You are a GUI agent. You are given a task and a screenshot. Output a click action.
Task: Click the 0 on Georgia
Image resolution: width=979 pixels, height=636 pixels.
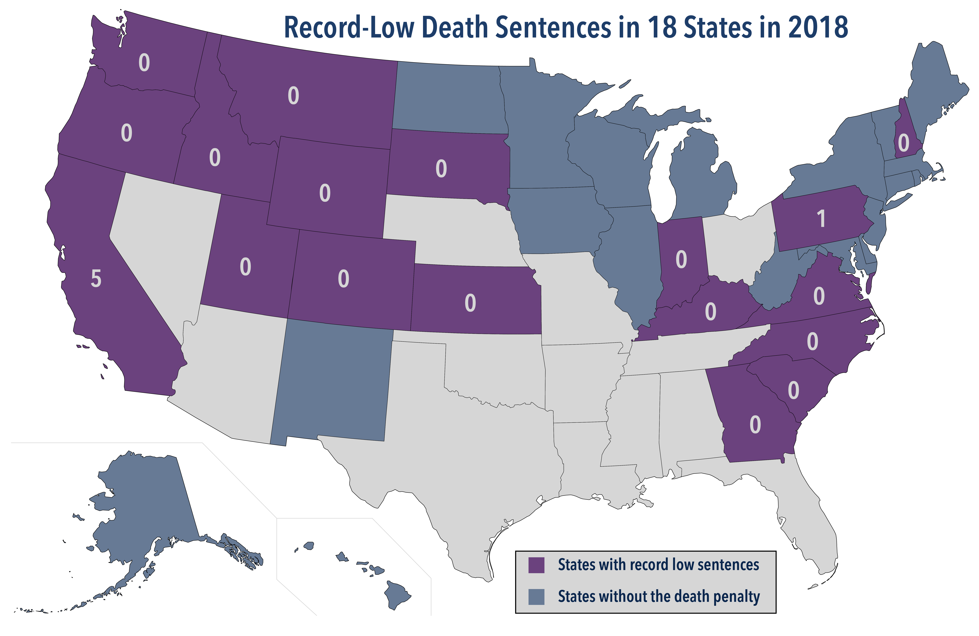pos(755,425)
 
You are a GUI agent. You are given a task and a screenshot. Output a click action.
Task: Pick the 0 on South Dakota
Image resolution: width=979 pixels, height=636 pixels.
pos(441,169)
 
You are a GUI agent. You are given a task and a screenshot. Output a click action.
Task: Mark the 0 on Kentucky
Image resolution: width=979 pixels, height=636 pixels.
pos(710,311)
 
